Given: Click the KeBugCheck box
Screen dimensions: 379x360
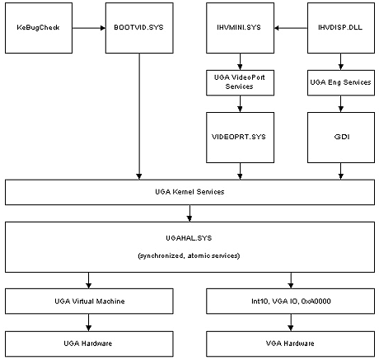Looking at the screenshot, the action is click(39, 28).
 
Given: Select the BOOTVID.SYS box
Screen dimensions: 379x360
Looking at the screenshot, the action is click(139, 28).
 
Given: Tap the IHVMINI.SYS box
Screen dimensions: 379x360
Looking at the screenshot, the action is click(240, 28).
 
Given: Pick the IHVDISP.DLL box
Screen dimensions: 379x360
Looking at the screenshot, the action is click(341, 28).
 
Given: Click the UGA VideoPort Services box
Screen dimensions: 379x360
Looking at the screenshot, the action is click(240, 82).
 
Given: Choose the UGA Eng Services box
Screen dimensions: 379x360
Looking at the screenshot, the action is click(341, 82).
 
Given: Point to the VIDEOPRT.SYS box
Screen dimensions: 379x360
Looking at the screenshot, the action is click(240, 138).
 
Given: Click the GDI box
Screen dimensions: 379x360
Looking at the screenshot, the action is click(341, 138).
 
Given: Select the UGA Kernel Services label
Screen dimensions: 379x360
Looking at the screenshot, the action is click(189, 192).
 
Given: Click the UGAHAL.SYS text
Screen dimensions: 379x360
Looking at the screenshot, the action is click(189, 238).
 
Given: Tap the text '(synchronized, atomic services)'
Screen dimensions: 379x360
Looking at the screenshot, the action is click(189, 256).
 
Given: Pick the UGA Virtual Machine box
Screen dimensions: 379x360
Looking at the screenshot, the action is click(89, 301).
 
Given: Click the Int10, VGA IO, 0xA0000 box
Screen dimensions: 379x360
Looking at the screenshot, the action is click(291, 301).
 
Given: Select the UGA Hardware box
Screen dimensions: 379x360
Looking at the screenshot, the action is click(89, 344).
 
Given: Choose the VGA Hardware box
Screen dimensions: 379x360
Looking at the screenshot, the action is click(291, 344).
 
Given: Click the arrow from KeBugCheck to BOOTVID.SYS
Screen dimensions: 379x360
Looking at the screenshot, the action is click(89, 28).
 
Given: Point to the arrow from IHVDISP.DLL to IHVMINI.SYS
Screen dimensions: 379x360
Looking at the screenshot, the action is click(291, 28).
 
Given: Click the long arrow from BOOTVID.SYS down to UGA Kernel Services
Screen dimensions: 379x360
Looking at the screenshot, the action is click(139, 116).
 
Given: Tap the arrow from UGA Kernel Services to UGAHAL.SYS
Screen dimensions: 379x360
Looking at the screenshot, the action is click(189, 213).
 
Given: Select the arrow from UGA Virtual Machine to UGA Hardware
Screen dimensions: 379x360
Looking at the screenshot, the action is click(89, 322).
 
